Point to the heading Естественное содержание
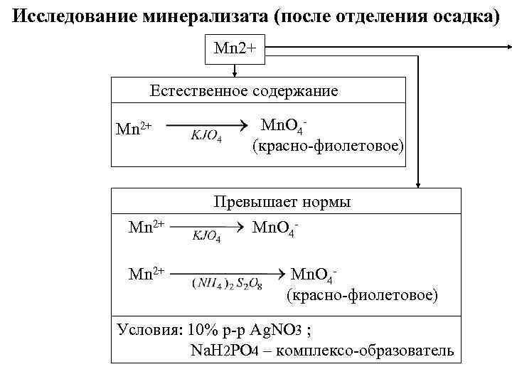[244, 91]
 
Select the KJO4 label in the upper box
[206, 137]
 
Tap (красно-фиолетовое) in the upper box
[328, 146]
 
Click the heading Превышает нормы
[282, 202]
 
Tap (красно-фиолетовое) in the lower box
[362, 294]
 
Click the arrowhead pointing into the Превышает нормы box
[418, 183]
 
